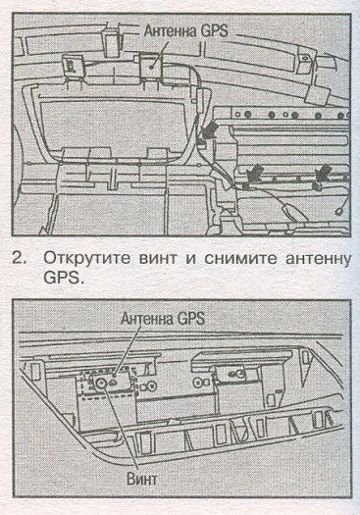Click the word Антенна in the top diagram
click(x=170, y=30)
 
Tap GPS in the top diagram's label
click(x=214, y=30)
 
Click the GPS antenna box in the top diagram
click(x=151, y=67)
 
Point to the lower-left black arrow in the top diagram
click(x=255, y=173)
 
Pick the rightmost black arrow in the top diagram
click(x=322, y=173)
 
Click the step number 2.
click(x=20, y=259)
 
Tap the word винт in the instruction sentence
click(x=158, y=259)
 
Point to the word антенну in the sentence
click(x=317, y=259)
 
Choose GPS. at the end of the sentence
click(x=62, y=278)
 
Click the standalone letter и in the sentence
click(x=191, y=260)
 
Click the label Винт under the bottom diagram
click(x=142, y=480)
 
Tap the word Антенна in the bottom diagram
click(x=146, y=318)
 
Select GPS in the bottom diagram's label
click(x=190, y=318)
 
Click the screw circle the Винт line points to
click(x=100, y=383)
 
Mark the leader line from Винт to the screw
click(x=120, y=428)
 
